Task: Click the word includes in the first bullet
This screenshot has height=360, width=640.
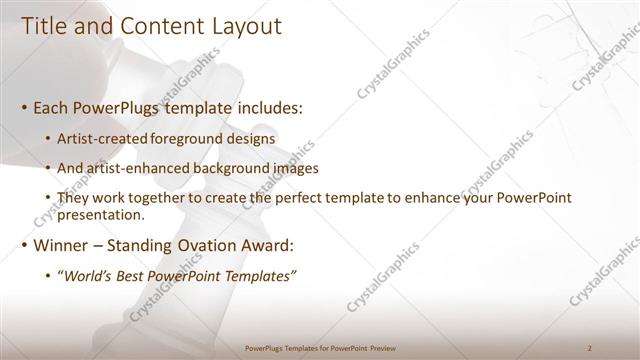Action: [266, 105]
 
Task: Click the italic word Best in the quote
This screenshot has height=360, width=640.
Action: [131, 276]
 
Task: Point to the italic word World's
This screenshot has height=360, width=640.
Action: [88, 276]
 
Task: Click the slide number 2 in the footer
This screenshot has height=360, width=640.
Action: [590, 347]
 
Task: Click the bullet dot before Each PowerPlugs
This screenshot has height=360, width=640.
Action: [24, 106]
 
